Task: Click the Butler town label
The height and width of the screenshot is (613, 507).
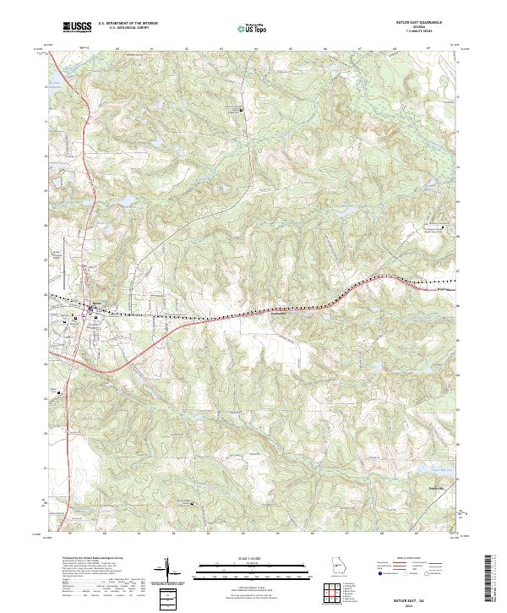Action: point(95,302)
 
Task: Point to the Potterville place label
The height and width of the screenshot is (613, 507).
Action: point(431,489)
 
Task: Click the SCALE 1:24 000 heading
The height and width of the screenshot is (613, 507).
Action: point(253,559)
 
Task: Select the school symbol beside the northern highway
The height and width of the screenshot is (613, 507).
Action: point(241,110)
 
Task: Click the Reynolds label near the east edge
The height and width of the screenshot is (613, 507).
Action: point(444,289)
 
